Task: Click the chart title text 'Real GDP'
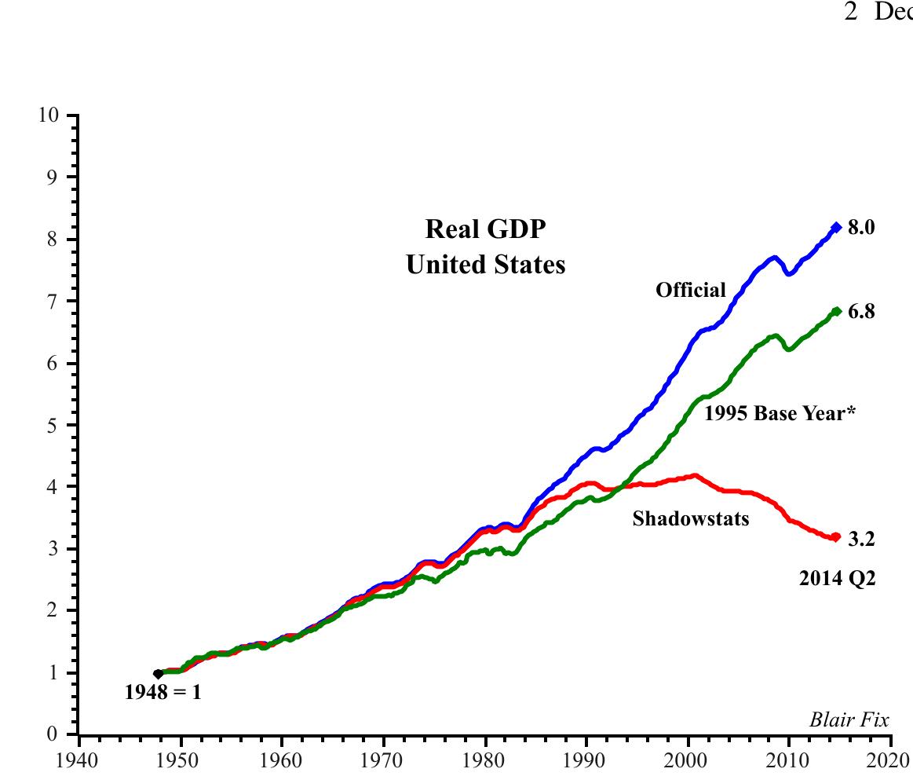[485, 230]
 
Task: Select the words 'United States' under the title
[485, 265]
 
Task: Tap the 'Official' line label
[691, 291]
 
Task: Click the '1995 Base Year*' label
[779, 413]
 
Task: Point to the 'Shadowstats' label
[691, 518]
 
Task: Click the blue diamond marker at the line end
[837, 227]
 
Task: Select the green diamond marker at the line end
[837, 311]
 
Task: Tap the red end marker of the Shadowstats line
[836, 537]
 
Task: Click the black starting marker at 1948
[158, 674]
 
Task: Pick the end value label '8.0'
[861, 228]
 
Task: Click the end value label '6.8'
[861, 312]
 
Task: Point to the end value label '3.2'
[861, 540]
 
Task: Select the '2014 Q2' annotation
[837, 580]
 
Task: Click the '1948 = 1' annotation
[163, 694]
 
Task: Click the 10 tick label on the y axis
[48, 115]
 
